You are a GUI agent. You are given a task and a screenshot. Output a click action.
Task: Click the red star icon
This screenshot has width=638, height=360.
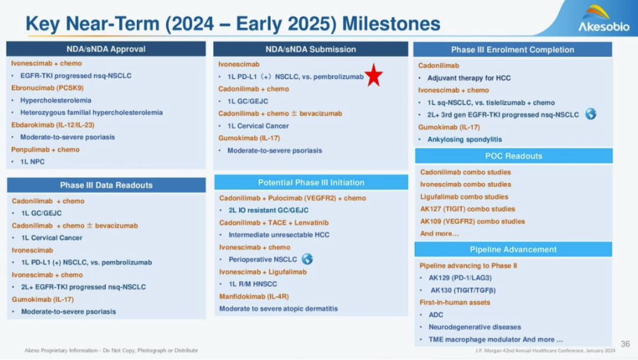tap(373, 75)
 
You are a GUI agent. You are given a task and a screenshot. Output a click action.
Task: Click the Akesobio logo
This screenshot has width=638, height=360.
tap(603, 19)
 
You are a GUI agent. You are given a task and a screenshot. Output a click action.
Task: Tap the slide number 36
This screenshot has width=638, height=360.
tap(626, 343)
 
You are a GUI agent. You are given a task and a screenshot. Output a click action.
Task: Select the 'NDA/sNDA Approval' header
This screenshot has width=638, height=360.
tap(106, 49)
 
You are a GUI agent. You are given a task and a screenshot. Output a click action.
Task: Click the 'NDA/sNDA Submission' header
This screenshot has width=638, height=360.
tap(311, 49)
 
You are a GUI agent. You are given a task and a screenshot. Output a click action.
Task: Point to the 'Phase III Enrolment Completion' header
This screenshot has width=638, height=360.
tap(513, 50)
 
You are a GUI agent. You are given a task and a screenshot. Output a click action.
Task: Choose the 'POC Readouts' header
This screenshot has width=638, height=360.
tap(513, 156)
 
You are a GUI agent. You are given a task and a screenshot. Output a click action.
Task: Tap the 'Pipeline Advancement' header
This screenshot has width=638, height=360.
tap(513, 249)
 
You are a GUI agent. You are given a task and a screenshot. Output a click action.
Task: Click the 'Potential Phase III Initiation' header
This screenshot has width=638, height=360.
tap(311, 183)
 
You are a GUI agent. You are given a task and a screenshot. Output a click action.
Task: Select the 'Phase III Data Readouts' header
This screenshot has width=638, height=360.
tap(106, 185)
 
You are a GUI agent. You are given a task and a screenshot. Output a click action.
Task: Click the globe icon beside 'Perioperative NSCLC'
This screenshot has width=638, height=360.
tap(307, 259)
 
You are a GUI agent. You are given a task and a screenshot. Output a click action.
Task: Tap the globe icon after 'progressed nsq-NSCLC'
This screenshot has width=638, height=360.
tap(590, 114)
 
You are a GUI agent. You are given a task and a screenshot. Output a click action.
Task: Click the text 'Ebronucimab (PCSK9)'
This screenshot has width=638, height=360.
tap(47, 88)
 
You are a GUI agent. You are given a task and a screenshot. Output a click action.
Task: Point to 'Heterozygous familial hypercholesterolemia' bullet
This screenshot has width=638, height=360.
tap(91, 112)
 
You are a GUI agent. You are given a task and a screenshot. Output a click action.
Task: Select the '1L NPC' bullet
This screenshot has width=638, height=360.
tap(32, 161)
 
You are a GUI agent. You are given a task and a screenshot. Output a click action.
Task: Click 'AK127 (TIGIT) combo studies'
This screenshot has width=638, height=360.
tap(467, 209)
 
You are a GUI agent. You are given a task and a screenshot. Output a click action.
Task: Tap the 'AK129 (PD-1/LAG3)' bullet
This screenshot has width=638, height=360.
tap(460, 278)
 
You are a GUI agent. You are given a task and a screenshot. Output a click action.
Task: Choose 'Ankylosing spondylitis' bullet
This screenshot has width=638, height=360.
tap(465, 140)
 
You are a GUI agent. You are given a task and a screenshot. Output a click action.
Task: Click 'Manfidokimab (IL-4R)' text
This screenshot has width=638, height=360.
tap(254, 297)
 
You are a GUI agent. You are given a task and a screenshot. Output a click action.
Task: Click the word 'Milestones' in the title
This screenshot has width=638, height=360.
tap(391, 24)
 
